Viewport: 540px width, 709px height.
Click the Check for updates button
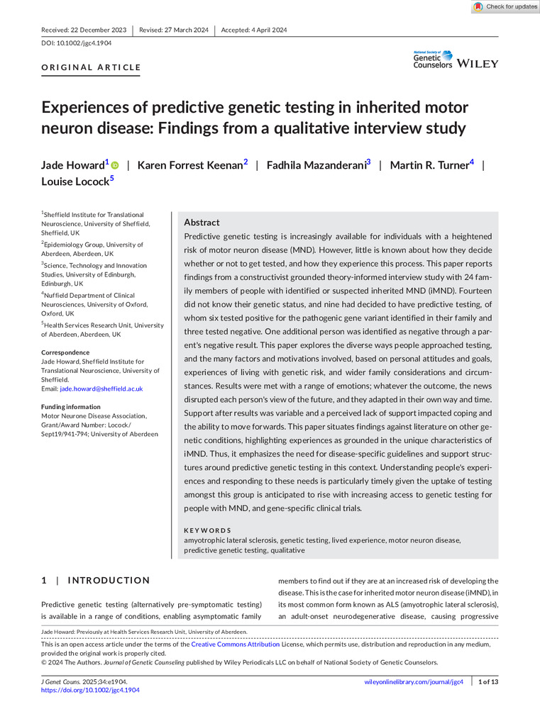505,6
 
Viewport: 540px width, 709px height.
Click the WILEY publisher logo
478,64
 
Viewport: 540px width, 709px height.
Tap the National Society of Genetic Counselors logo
433,60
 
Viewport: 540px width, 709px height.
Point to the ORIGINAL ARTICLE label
91,68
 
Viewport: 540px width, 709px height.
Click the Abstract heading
202,222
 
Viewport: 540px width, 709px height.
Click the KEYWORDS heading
207,530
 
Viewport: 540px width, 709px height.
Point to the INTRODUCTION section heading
109,581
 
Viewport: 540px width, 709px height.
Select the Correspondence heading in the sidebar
65,352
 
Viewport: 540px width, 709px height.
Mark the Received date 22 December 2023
84,30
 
